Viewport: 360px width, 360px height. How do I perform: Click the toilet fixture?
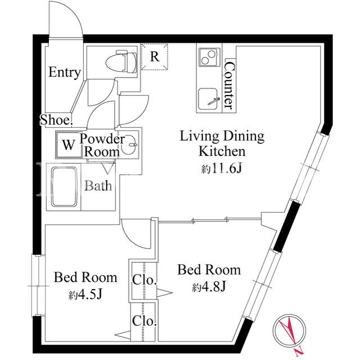(121, 61)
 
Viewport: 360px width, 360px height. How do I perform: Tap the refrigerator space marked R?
(155, 56)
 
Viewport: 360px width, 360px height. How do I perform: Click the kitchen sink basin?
(208, 99)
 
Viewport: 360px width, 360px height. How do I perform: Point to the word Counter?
(229, 85)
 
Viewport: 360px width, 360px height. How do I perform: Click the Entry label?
(65, 73)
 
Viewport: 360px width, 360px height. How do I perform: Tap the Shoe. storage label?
(56, 120)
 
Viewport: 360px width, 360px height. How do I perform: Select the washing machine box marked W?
(69, 145)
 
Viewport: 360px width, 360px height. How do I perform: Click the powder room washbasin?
(129, 145)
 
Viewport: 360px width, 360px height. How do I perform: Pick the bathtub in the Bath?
(64, 187)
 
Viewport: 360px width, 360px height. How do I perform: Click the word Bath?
(98, 186)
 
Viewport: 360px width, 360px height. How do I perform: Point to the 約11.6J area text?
(221, 169)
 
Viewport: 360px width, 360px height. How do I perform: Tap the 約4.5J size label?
(85, 294)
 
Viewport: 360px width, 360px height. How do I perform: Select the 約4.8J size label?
(209, 286)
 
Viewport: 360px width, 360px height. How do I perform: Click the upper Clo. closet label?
(145, 280)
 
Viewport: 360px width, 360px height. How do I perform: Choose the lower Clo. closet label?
(145, 321)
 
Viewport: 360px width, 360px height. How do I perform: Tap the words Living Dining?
(222, 136)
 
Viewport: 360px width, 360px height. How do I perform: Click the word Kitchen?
(222, 151)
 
